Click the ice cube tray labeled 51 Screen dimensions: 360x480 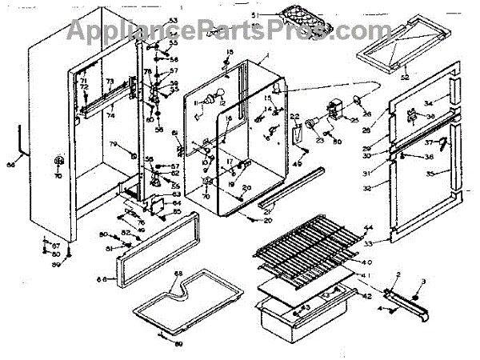[x=302, y=22]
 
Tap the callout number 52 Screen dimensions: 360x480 [x=405, y=78]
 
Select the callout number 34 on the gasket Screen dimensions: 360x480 [x=427, y=102]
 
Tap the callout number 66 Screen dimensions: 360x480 [x=102, y=279]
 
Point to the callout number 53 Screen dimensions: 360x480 [x=173, y=20]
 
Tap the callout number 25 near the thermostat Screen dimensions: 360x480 [x=354, y=120]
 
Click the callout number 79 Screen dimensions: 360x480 [x=113, y=144]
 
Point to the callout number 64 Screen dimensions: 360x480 [x=178, y=204]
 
